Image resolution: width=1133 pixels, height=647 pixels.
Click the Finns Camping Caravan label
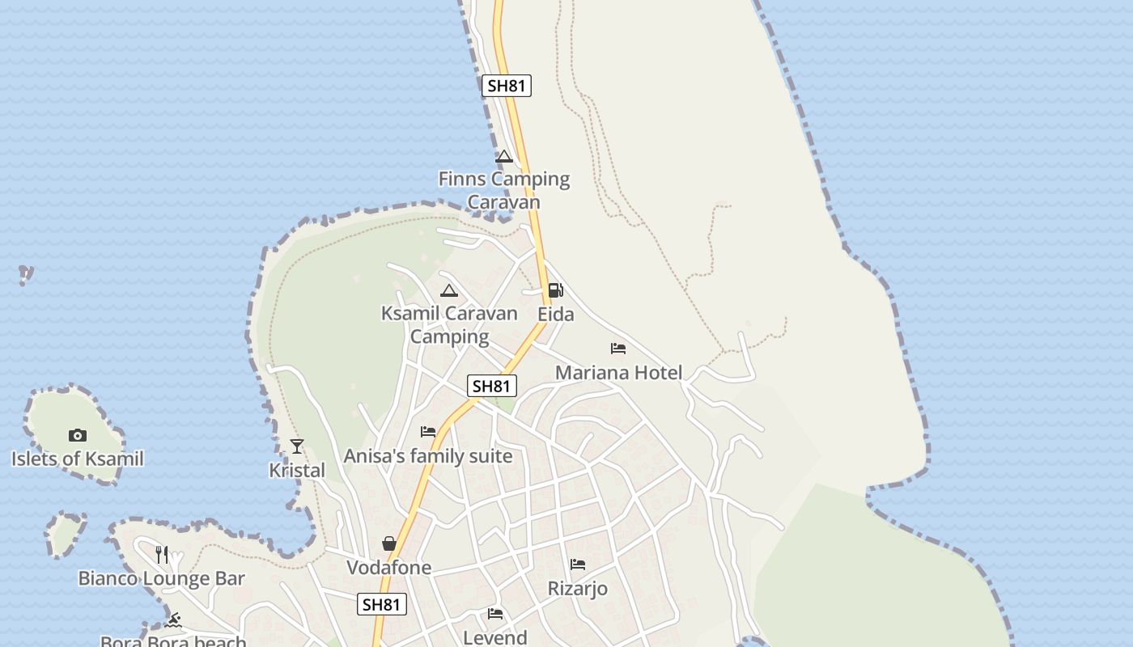point(503,190)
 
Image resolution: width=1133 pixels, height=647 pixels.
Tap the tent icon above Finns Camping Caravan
point(504,157)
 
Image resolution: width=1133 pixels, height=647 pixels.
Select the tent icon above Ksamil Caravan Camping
point(449,291)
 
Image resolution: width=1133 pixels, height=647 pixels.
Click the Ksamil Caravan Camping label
point(449,324)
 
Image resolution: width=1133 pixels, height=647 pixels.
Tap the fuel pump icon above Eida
point(555,290)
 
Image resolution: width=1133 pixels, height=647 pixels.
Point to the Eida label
point(556,314)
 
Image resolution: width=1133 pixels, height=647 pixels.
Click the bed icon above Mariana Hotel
point(618,349)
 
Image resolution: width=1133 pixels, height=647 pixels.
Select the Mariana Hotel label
point(618,373)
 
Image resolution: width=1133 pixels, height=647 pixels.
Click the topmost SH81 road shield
point(507,86)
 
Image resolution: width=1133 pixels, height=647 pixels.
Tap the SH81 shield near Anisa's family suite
point(492,387)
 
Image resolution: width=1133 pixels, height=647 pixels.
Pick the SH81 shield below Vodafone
point(382,604)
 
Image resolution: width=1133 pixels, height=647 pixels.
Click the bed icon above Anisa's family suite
point(428,432)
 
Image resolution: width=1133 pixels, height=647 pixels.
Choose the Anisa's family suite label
point(428,456)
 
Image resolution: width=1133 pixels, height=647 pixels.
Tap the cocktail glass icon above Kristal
point(297,446)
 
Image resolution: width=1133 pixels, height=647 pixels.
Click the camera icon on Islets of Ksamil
point(78,435)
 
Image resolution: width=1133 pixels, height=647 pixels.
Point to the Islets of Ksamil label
point(78,459)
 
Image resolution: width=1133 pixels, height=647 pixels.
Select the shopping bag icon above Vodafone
point(389,543)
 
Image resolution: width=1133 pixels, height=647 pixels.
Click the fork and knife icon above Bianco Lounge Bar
point(162,554)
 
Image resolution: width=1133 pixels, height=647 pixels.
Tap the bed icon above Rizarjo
point(578,565)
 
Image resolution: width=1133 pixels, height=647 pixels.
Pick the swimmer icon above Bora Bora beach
point(173,621)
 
